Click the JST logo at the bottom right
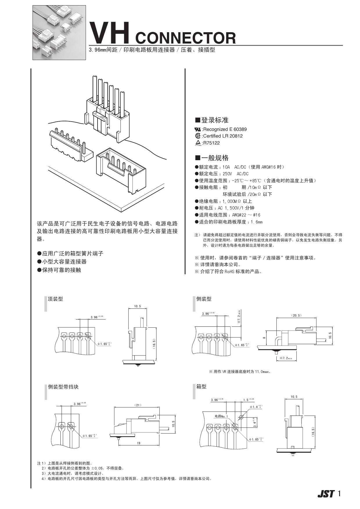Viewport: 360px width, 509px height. (326, 494)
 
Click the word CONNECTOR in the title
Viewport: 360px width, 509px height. (186, 38)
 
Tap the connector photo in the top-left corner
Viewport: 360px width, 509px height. (59, 33)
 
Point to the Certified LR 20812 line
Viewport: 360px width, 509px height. (222, 136)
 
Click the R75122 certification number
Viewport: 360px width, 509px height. (211, 143)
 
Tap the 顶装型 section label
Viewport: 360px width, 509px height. (55, 299)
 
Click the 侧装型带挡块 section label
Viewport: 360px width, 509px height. (63, 387)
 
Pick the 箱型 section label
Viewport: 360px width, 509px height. (201, 387)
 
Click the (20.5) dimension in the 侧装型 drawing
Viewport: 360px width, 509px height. (296, 315)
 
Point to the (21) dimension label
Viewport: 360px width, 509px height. (138, 405)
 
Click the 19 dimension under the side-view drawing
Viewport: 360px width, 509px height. (138, 443)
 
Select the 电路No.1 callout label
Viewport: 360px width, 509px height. (221, 416)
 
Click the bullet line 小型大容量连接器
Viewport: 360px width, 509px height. (64, 262)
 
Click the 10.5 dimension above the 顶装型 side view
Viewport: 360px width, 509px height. (137, 306)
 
